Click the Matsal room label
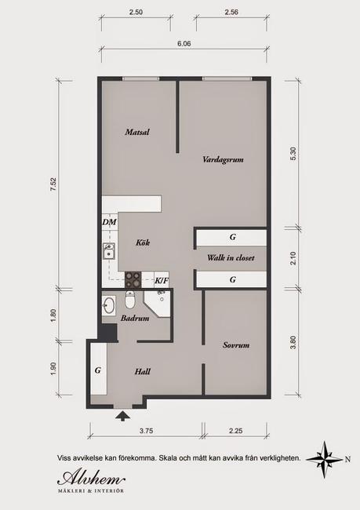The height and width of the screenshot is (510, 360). (137, 132)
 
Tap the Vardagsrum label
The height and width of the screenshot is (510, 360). (223, 159)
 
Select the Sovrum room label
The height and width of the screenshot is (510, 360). (236, 345)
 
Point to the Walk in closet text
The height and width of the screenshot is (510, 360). (231, 258)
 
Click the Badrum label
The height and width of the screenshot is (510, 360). (135, 318)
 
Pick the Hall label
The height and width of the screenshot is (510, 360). (143, 371)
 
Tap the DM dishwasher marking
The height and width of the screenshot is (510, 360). (109, 222)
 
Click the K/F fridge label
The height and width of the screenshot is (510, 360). (162, 280)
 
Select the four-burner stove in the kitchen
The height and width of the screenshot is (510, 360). (133, 279)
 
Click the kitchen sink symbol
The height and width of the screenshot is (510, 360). (109, 251)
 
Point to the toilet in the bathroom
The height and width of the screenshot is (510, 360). (129, 301)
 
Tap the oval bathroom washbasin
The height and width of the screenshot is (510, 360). (108, 305)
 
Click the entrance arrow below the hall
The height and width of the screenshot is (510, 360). (123, 416)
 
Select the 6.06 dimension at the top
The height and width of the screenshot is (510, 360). (184, 43)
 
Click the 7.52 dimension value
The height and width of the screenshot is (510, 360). (53, 184)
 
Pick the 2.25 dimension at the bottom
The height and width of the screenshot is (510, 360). (236, 431)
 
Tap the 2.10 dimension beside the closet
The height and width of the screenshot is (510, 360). (293, 258)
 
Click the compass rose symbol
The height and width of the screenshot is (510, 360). (325, 459)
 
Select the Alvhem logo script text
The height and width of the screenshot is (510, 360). (91, 479)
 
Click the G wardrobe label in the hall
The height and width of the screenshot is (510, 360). (98, 370)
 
